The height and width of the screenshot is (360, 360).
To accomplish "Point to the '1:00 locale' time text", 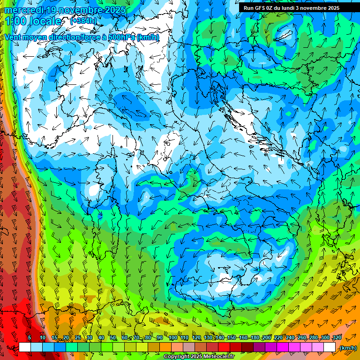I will pyautogui.click(x=33, y=21).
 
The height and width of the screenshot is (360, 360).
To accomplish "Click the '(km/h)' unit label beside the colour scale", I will pyautogui.click(x=348, y=348).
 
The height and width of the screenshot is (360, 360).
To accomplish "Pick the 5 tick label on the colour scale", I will pyautogui.click(x=30, y=337).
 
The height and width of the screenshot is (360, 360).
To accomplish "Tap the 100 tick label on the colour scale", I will pyautogui.click(x=172, y=337).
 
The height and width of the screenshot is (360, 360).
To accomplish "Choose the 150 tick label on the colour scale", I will pyautogui.click(x=231, y=337).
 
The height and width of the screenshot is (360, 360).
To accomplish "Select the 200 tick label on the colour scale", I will pyautogui.click(x=266, y=337).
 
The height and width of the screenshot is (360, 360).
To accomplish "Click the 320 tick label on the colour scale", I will pyautogui.click(x=337, y=337).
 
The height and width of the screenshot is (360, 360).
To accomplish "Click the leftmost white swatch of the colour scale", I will pyautogui.click(x=25, y=347).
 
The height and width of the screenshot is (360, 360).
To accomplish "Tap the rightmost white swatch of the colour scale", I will pyautogui.click(x=330, y=347).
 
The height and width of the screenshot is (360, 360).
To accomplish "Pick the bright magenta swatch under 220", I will pyautogui.click(x=283, y=347).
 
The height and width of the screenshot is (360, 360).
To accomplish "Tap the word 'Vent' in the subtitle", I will pyautogui.click(x=13, y=37).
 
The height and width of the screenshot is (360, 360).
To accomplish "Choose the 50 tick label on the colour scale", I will pyautogui.click(x=113, y=337).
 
